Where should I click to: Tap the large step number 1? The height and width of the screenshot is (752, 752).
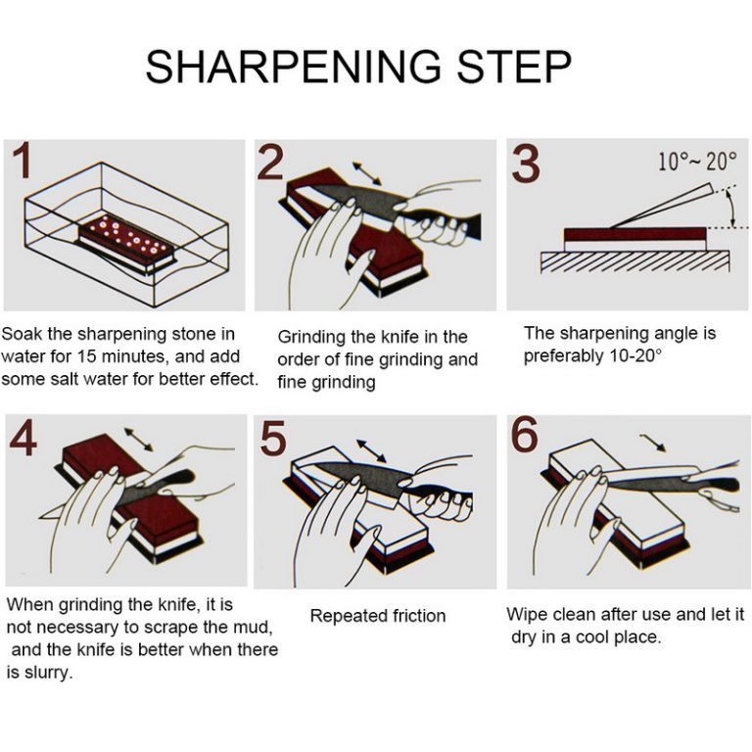click(x=21, y=164)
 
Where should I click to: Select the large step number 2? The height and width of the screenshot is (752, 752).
click(x=271, y=163)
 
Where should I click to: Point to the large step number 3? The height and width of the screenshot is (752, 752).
click(x=526, y=164)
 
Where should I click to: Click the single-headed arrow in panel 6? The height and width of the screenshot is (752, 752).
click(x=653, y=444)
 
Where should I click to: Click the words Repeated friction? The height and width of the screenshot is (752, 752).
click(x=377, y=616)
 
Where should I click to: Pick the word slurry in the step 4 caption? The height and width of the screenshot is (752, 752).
click(x=46, y=673)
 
